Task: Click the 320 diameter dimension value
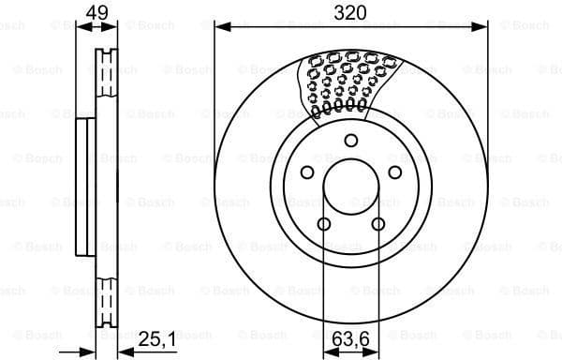351,13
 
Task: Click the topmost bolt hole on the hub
351,141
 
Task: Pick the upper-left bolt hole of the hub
306,172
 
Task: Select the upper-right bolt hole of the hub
395,172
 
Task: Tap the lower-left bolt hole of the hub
324,224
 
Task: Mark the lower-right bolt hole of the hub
378,224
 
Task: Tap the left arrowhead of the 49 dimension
80,27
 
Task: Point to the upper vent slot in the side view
106,70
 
